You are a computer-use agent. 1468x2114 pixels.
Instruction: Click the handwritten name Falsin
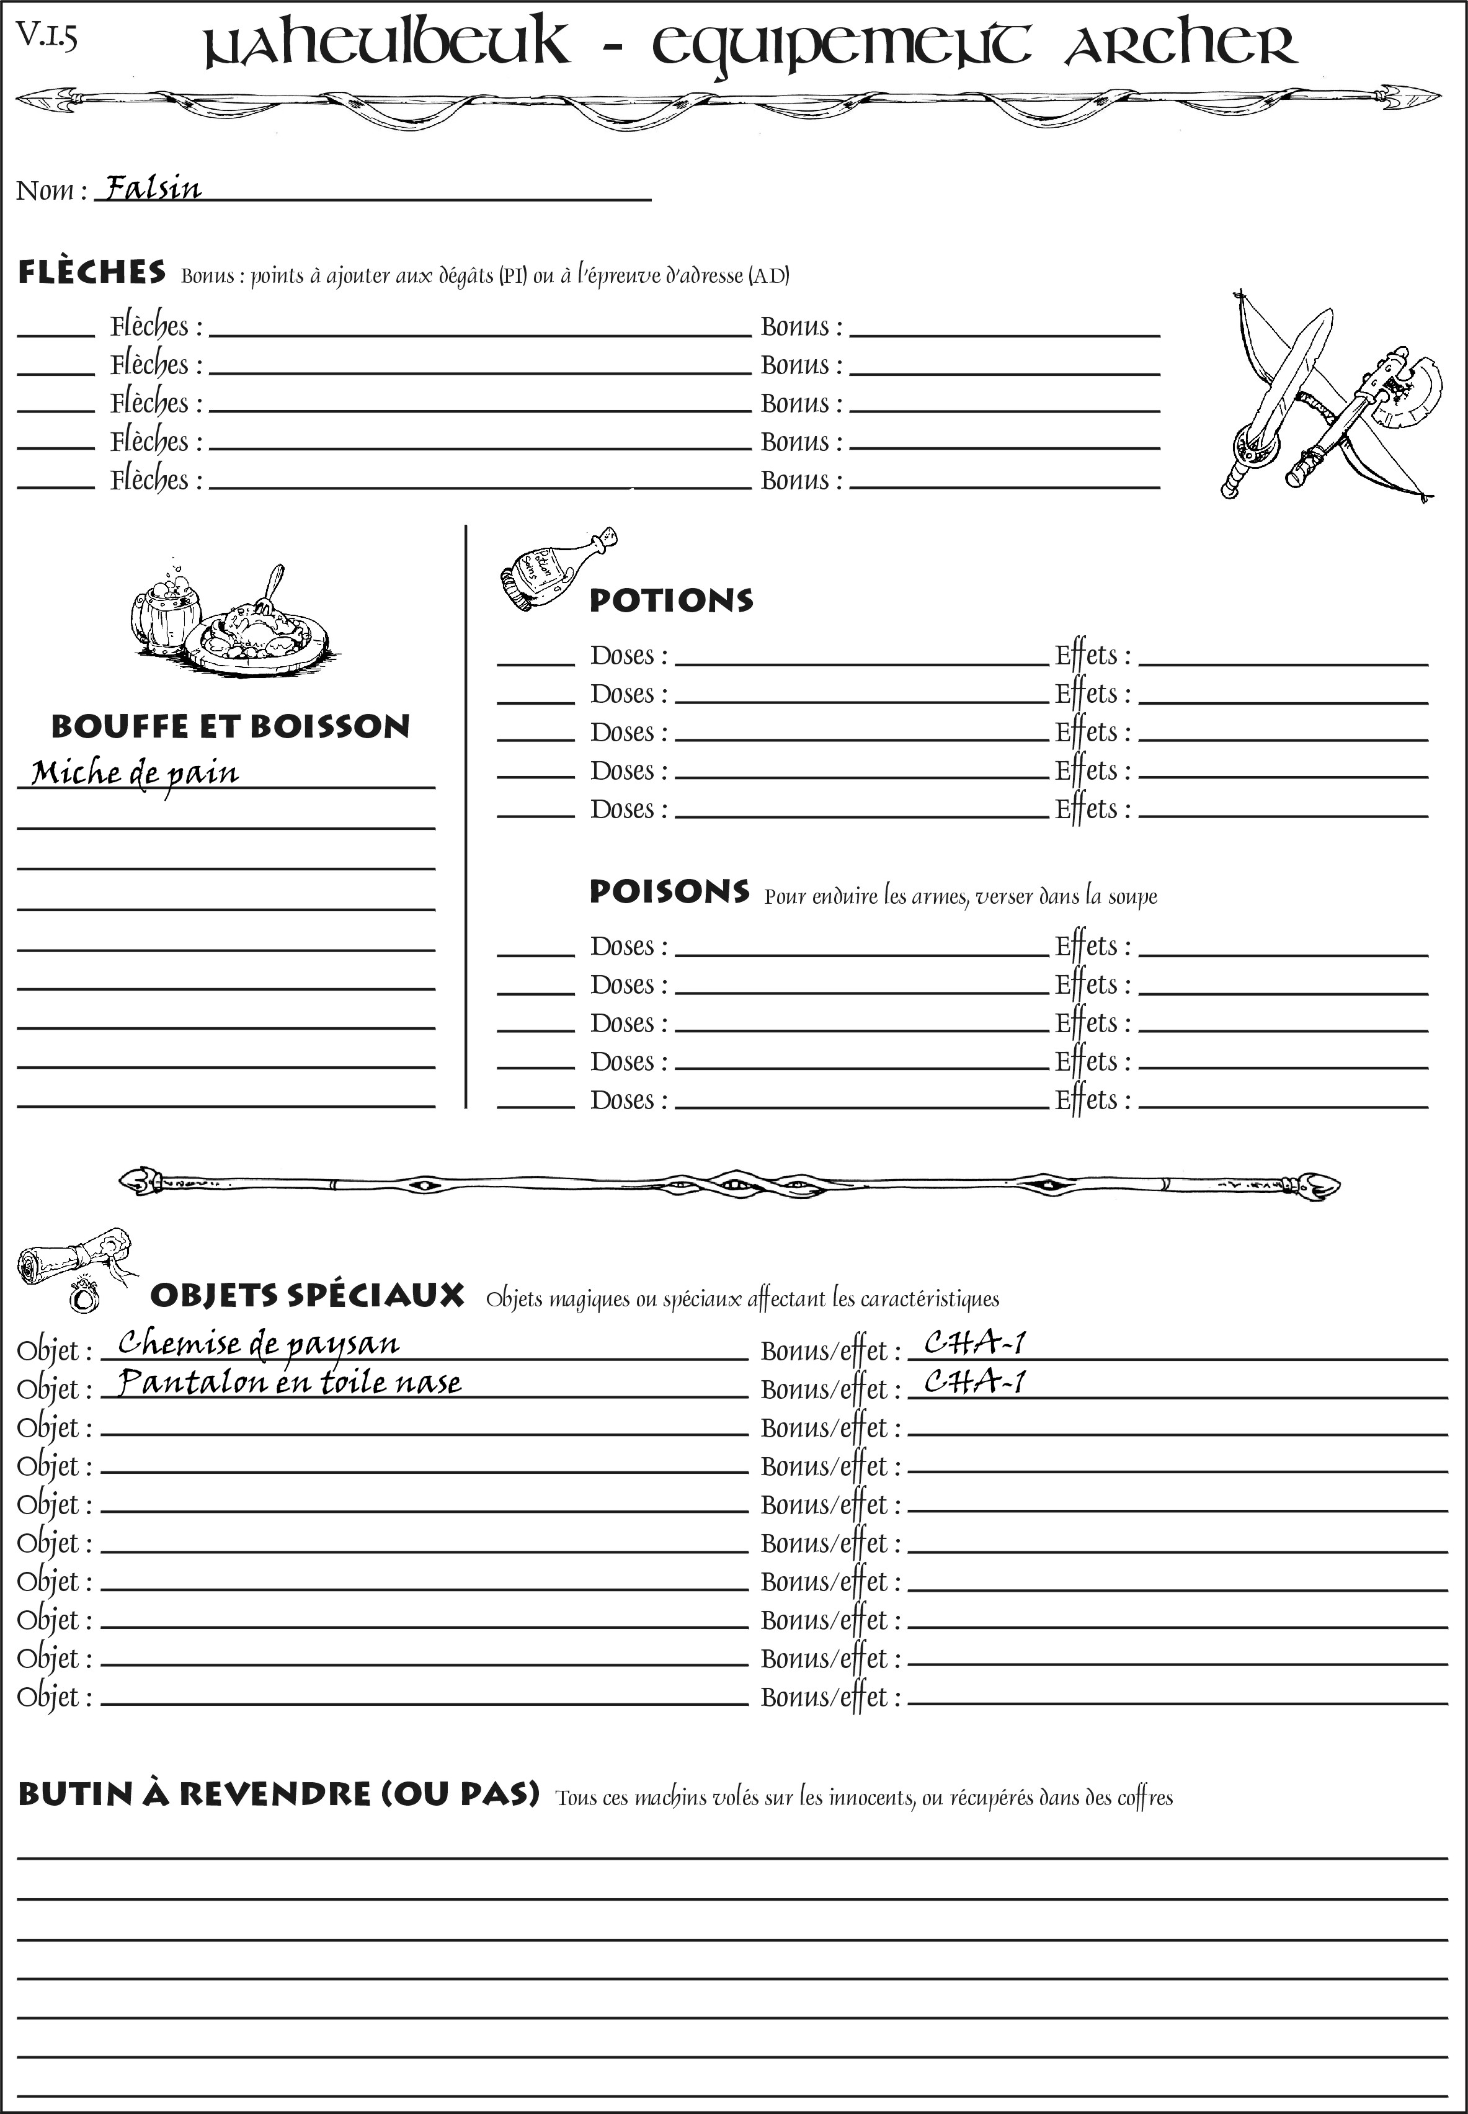click(153, 188)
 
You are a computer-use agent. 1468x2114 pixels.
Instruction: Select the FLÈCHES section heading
click(92, 272)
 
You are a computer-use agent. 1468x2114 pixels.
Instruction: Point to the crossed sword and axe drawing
click(1325, 396)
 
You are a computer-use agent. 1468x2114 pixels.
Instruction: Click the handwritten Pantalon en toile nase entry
click(290, 1383)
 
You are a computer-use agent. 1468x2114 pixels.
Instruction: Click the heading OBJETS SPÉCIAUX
click(306, 1295)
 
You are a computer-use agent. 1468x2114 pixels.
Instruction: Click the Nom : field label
click(51, 190)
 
